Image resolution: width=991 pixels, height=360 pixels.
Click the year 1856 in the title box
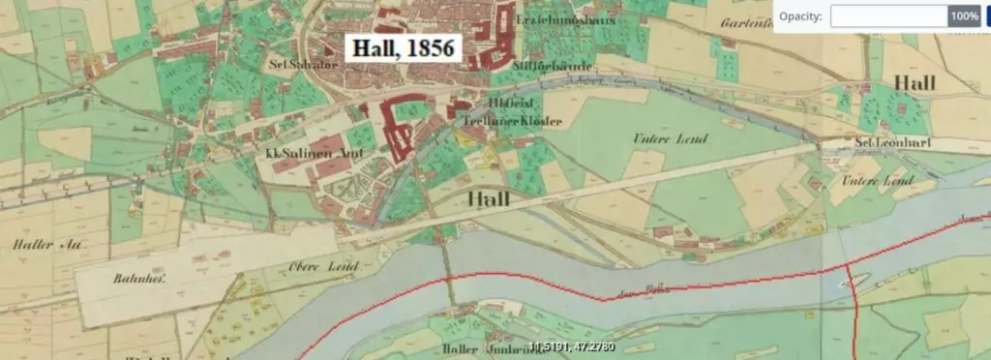pyautogui.click(x=430, y=48)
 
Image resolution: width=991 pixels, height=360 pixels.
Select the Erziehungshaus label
pyautogui.click(x=556, y=19)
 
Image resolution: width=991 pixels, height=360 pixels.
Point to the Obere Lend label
pyautogui.click(x=324, y=267)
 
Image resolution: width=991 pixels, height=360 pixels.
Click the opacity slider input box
pyautogui.click(x=887, y=16)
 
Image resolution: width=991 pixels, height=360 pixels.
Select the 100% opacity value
pyautogui.click(x=964, y=16)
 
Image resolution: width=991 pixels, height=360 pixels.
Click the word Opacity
pyautogui.click(x=803, y=16)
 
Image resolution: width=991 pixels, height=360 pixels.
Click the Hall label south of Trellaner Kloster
pyautogui.click(x=488, y=198)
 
